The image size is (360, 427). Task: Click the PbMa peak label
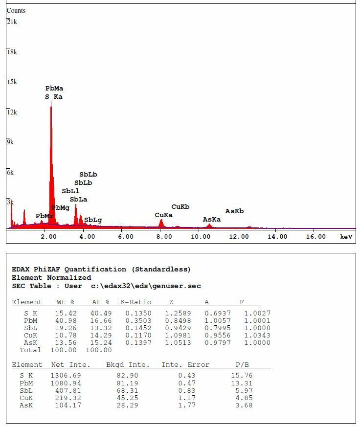click(54, 89)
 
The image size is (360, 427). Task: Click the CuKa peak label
click(163, 215)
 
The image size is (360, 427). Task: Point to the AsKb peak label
click(234, 211)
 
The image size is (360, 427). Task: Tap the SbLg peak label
click(93, 220)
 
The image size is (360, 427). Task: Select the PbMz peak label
click(44, 216)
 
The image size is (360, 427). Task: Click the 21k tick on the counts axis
click(12, 22)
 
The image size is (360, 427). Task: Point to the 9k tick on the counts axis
click(10, 142)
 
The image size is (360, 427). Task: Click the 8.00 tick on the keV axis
click(164, 237)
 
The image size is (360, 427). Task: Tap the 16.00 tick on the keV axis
click(315, 237)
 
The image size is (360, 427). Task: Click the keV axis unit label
click(346, 237)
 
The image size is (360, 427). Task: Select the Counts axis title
click(16, 10)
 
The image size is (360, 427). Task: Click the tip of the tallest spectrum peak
click(51, 102)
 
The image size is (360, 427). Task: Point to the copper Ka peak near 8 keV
click(161, 221)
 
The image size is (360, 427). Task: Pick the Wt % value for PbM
click(67, 321)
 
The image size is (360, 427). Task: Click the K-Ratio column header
click(136, 302)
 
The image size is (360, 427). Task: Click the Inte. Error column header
click(185, 365)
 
